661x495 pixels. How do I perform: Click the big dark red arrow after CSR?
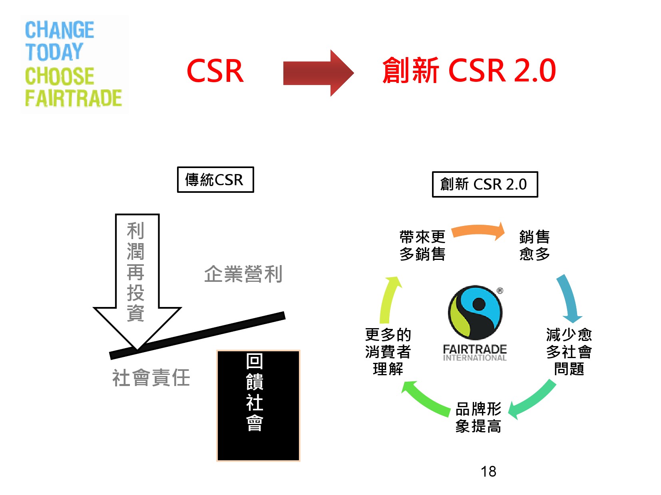pos(318,73)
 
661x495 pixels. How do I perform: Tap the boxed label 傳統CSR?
pos(215,180)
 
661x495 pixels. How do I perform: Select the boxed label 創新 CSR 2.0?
pos(485,184)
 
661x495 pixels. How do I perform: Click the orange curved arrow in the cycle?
pos(478,230)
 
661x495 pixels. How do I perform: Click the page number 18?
pos(488,471)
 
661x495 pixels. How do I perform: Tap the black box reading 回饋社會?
pos(259,406)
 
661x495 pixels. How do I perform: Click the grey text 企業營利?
pos(243,274)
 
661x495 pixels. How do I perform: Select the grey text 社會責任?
pos(151,378)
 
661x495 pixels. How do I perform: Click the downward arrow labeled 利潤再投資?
pos(137,281)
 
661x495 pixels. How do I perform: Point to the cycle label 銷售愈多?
pos(535,246)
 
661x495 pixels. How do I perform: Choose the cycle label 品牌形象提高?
pos(478,418)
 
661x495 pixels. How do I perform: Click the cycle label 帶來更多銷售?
pos(422,246)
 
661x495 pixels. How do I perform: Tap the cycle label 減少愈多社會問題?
pos(569,352)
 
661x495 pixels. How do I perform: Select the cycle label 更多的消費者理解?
pos(388,352)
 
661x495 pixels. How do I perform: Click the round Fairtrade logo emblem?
pos(475,313)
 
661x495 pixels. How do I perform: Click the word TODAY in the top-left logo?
pos(54,52)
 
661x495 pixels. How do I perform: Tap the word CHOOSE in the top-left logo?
pos(60,75)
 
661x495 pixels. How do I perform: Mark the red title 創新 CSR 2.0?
pos(469,70)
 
